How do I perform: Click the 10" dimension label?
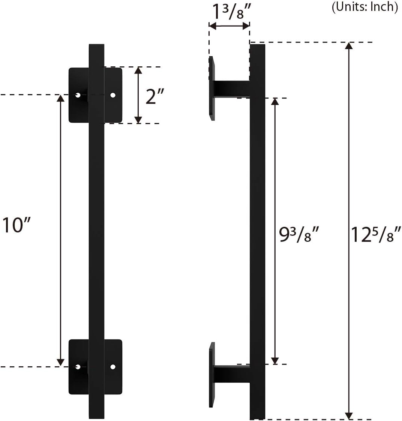(16, 225)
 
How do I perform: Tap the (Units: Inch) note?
(364, 7)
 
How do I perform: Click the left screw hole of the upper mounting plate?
(78, 95)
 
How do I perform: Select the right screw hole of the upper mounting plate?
(112, 95)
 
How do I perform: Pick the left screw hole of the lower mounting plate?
(78, 367)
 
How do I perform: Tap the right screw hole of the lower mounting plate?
(112, 367)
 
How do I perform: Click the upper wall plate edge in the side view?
(212, 88)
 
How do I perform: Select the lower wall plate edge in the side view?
(212, 375)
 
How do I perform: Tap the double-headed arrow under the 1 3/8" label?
(229, 26)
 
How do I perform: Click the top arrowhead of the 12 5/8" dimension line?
(349, 46)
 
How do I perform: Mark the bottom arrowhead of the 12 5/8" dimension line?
(349, 416)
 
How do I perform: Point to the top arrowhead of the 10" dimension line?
(60, 98)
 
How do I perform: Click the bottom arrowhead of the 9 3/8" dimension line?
(275, 361)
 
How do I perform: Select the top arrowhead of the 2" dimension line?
(138, 70)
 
